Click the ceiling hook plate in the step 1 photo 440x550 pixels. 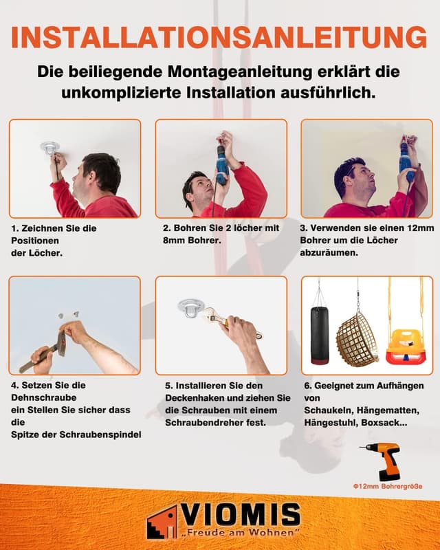(x=49, y=147)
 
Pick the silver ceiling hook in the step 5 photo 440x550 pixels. (x=190, y=307)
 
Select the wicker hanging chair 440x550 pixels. (x=357, y=338)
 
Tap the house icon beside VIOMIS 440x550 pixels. (x=162, y=522)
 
